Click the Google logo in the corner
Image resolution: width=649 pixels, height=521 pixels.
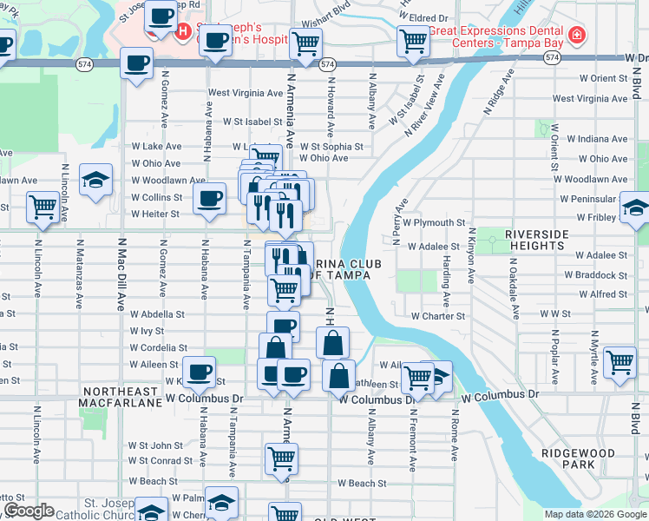(x=28, y=511)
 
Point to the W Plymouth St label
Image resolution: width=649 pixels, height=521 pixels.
(x=438, y=222)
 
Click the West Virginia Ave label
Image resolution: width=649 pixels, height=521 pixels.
(x=244, y=93)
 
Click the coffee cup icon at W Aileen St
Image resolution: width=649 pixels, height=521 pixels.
(x=199, y=372)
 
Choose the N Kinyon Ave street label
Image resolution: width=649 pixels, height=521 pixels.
(x=472, y=254)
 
